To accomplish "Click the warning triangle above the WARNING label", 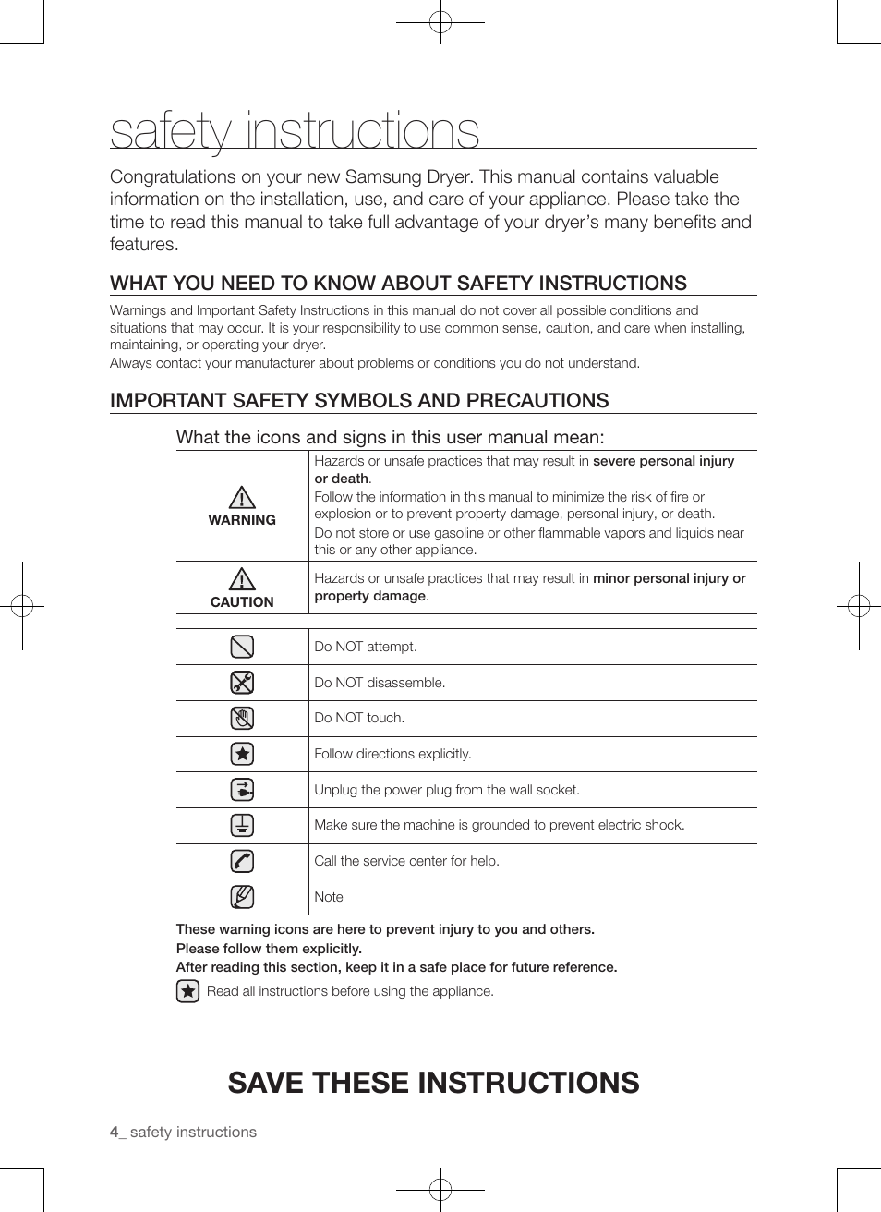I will [x=242, y=498].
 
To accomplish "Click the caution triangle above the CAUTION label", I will [x=242, y=579].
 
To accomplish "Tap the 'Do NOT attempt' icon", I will [x=242, y=647].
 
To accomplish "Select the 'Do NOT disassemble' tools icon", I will [x=242, y=683].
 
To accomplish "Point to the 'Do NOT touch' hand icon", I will [x=242, y=718].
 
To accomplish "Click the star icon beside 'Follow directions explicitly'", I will [x=242, y=754].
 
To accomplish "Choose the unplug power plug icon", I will [x=242, y=790].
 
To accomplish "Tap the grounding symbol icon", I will [x=242, y=825].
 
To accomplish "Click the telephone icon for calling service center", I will [x=242, y=861].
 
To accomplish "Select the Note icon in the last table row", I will [x=242, y=897].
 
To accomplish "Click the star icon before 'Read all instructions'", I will [x=187, y=991].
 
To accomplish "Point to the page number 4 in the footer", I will [x=115, y=1133].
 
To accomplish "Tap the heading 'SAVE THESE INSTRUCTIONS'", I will [x=433, y=1083].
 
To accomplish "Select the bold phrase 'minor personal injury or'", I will [x=669, y=578].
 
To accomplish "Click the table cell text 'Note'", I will [x=329, y=897].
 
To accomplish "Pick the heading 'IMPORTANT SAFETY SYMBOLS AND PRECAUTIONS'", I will [x=359, y=401].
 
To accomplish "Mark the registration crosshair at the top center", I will [x=440, y=22].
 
